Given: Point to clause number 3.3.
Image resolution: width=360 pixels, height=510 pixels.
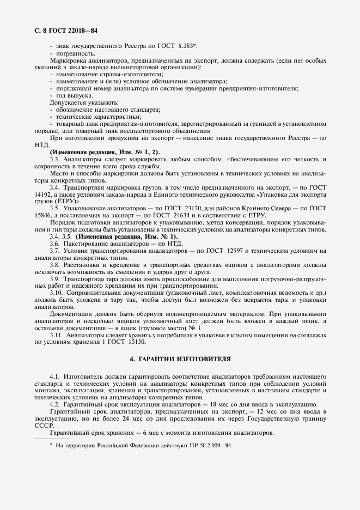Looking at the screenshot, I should [x=56, y=159].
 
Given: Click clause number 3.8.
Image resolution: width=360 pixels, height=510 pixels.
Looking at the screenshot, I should [x=56, y=265].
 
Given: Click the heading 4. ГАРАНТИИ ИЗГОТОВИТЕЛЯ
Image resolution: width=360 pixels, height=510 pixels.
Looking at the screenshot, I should [x=180, y=360].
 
